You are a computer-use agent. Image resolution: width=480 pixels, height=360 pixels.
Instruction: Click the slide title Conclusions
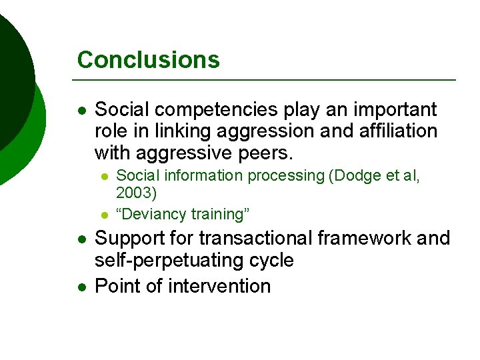(x=148, y=60)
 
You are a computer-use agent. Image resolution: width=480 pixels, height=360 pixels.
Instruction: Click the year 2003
(x=136, y=193)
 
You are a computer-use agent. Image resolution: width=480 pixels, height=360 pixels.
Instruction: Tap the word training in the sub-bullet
(x=217, y=214)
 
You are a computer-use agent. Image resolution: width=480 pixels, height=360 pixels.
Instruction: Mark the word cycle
(x=271, y=260)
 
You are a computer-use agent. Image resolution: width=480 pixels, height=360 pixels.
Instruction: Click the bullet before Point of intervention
(x=81, y=287)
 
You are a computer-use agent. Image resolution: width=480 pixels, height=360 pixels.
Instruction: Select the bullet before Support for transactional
(x=81, y=239)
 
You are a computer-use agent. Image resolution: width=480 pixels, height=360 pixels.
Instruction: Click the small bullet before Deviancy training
(x=105, y=215)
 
